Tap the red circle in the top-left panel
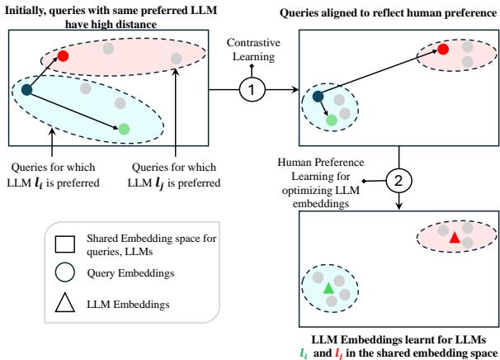[64, 54]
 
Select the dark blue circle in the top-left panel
[26, 90]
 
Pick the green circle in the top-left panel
[124, 128]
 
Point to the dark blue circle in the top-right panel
[318, 97]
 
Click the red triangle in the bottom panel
[455, 238]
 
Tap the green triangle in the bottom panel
[328, 288]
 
